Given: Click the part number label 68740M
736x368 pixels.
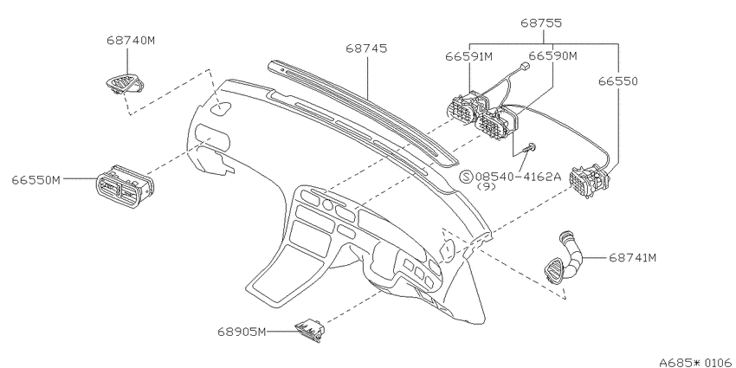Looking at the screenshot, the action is tap(131, 41).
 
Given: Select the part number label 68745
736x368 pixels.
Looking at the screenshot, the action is tap(366, 48).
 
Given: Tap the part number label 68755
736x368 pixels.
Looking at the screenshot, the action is tap(541, 23).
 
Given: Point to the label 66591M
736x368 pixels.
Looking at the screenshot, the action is tap(468, 57).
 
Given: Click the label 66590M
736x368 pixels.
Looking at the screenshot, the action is tap(552, 56).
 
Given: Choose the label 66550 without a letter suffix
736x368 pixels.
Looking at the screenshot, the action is tap(617, 81).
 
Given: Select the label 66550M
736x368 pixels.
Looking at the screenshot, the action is tap(36, 180).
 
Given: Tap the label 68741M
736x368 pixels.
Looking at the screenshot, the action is tap(632, 258).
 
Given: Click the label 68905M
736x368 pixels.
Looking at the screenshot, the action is tap(242, 332).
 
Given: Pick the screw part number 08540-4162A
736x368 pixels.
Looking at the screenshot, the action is tap(518, 177).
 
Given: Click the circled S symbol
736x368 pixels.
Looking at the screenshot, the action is tap(466, 177).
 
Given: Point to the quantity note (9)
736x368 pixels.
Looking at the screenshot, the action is tap(487, 186).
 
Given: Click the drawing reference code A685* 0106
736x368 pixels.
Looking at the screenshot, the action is tap(696, 362).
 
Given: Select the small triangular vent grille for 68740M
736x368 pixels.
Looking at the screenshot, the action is tap(125, 85).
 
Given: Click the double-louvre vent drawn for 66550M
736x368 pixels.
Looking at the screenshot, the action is tap(125, 186).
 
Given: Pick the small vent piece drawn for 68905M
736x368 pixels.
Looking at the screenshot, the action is tap(310, 331).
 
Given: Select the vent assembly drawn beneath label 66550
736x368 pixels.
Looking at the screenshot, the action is tap(589, 181).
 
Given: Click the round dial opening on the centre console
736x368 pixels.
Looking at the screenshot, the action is tap(327, 204).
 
